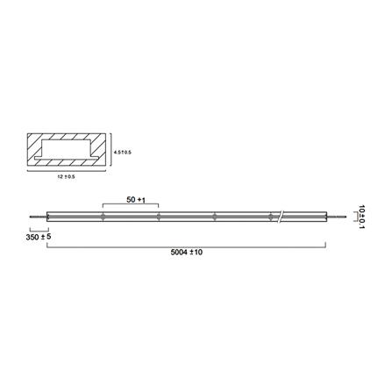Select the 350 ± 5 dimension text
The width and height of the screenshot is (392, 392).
tap(38, 237)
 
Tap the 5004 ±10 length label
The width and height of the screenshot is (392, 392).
tap(187, 252)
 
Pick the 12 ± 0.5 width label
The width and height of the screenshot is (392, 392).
tap(66, 178)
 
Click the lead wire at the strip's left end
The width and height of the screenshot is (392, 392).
tap(37, 216)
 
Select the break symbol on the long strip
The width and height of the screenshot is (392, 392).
tap(282, 215)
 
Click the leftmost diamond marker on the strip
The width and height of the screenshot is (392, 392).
tap(103, 216)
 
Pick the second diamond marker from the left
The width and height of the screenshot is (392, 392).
tap(158, 216)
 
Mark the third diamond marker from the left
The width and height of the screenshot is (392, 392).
tap(214, 216)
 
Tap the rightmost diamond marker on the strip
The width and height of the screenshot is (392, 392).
tap(269, 216)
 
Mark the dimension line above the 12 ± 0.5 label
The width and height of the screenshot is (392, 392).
tap(66, 172)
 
